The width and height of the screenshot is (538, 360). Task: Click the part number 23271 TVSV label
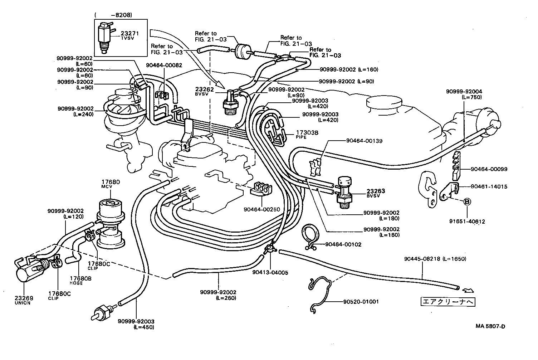click(129, 35)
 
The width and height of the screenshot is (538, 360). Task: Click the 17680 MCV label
click(111, 184)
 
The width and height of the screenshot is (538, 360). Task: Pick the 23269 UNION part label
click(23, 300)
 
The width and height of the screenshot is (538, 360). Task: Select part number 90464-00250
click(261, 209)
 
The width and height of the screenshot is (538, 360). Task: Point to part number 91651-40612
click(468, 222)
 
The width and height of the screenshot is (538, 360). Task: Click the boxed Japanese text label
click(448, 302)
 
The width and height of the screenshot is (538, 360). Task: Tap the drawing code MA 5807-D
click(490, 326)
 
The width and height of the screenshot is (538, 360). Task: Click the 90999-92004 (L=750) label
click(464, 94)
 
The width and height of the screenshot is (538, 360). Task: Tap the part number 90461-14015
click(489, 186)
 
